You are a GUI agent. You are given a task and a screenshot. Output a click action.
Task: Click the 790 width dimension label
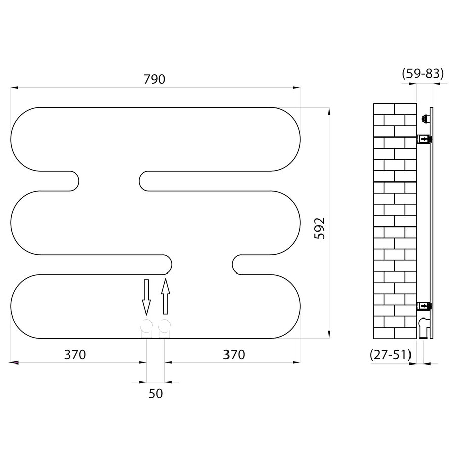[x=155, y=79]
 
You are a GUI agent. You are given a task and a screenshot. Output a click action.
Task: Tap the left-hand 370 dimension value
[x=75, y=355]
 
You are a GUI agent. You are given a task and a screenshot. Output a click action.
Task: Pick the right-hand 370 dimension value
[x=234, y=355]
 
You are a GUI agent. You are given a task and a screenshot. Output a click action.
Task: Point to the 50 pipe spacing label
[x=156, y=393]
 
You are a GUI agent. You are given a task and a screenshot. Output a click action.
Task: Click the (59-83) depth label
[x=423, y=74]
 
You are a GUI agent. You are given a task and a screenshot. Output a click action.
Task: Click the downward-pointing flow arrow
[x=146, y=297]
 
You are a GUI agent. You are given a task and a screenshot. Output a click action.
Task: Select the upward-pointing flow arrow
[x=165, y=297]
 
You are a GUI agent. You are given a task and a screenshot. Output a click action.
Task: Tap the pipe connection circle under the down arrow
[x=146, y=326]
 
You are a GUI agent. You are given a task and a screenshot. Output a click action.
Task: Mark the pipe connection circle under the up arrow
[x=165, y=326]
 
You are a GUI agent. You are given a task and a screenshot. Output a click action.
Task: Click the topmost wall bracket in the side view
[x=424, y=119]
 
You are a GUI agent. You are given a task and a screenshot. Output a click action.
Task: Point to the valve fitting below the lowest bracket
[x=424, y=326]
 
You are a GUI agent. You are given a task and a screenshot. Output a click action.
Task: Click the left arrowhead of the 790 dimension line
[x=15, y=88]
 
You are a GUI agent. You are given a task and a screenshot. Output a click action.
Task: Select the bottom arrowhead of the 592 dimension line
[x=329, y=334]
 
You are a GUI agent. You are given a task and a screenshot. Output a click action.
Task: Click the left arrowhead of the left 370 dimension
[x=15, y=362]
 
